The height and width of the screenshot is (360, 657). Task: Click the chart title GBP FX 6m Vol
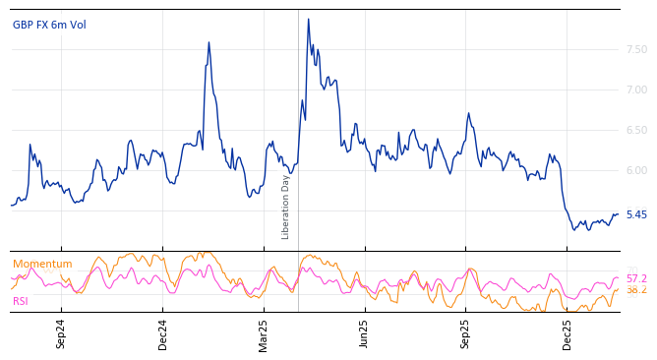click(x=49, y=25)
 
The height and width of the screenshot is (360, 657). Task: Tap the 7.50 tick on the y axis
click(x=636, y=49)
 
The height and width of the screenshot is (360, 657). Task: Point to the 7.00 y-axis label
click(x=636, y=90)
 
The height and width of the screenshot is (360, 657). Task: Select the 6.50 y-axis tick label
click(x=636, y=130)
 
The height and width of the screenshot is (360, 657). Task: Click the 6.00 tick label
click(x=636, y=170)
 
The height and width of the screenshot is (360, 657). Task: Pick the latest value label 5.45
click(x=636, y=214)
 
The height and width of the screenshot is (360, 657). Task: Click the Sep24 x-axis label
click(x=61, y=333)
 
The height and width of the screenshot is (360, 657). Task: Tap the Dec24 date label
click(x=163, y=333)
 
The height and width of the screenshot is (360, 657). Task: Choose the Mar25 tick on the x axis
click(x=264, y=333)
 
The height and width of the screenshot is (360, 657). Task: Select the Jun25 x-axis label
click(x=364, y=333)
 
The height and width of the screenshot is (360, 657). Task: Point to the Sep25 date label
click(x=466, y=333)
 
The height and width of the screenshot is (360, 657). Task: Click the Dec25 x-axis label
click(x=567, y=333)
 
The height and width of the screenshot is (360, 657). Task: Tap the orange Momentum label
click(x=42, y=264)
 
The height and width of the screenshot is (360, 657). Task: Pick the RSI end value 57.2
click(x=636, y=278)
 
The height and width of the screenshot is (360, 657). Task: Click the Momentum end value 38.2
click(x=636, y=290)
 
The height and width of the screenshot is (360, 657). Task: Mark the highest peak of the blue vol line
click(x=308, y=19)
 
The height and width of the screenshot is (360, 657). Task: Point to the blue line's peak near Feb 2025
click(x=209, y=42)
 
